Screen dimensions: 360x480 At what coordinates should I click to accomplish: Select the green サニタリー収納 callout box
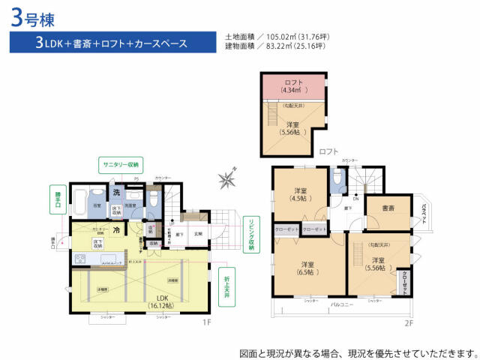click(124, 164)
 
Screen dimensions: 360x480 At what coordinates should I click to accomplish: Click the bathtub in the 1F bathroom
click(78, 201)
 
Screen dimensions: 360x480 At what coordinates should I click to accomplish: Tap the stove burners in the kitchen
click(80, 259)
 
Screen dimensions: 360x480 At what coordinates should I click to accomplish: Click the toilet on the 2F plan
click(338, 180)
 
